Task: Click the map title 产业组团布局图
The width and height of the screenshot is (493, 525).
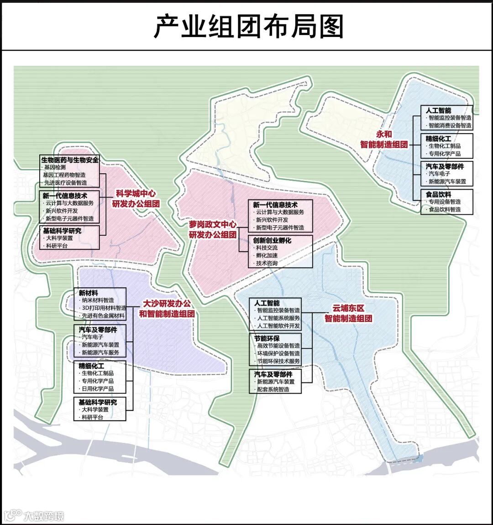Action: coord(249,26)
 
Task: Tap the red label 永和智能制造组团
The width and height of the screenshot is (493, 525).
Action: coord(384,139)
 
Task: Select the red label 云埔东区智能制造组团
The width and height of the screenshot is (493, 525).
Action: coord(348,313)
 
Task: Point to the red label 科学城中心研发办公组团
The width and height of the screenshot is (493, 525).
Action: coord(136,199)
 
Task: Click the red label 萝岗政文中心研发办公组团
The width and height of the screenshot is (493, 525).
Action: coord(213,229)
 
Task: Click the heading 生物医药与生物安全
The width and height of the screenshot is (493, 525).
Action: coord(70,160)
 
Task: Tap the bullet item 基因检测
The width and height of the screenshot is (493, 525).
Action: coord(55,167)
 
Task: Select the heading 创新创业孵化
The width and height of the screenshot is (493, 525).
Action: coord(272,240)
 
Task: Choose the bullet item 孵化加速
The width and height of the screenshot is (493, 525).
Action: coord(267,255)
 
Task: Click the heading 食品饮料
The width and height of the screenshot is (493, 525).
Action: coord(438,194)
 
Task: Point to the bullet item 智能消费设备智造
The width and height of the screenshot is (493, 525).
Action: coord(450,125)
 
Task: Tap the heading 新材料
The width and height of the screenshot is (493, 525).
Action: coord(88,293)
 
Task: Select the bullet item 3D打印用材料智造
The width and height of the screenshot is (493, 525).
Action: coord(104,308)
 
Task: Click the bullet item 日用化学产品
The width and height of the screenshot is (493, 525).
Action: coord(98,389)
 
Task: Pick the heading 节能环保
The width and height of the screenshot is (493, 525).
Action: coord(267,338)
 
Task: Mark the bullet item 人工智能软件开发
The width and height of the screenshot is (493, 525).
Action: coord(278,326)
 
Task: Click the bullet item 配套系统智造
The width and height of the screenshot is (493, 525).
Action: coord(273,389)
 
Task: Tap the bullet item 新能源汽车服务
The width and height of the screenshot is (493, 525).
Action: coord(100,352)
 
